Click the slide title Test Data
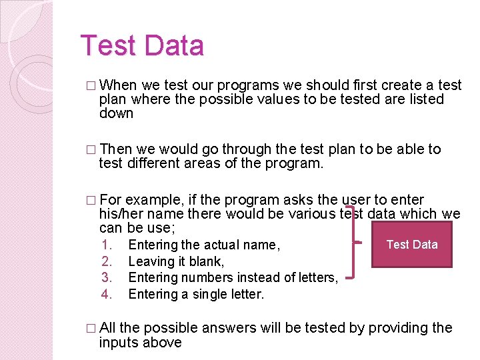(x=141, y=45)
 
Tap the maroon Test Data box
(x=411, y=244)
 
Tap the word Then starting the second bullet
(x=116, y=149)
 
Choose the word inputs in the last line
(x=119, y=343)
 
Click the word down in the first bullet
(x=116, y=113)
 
